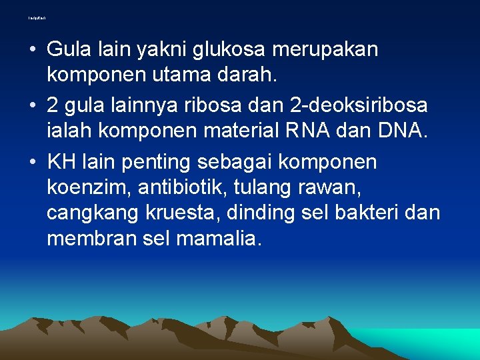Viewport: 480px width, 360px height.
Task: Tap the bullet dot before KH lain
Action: [x=33, y=163]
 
